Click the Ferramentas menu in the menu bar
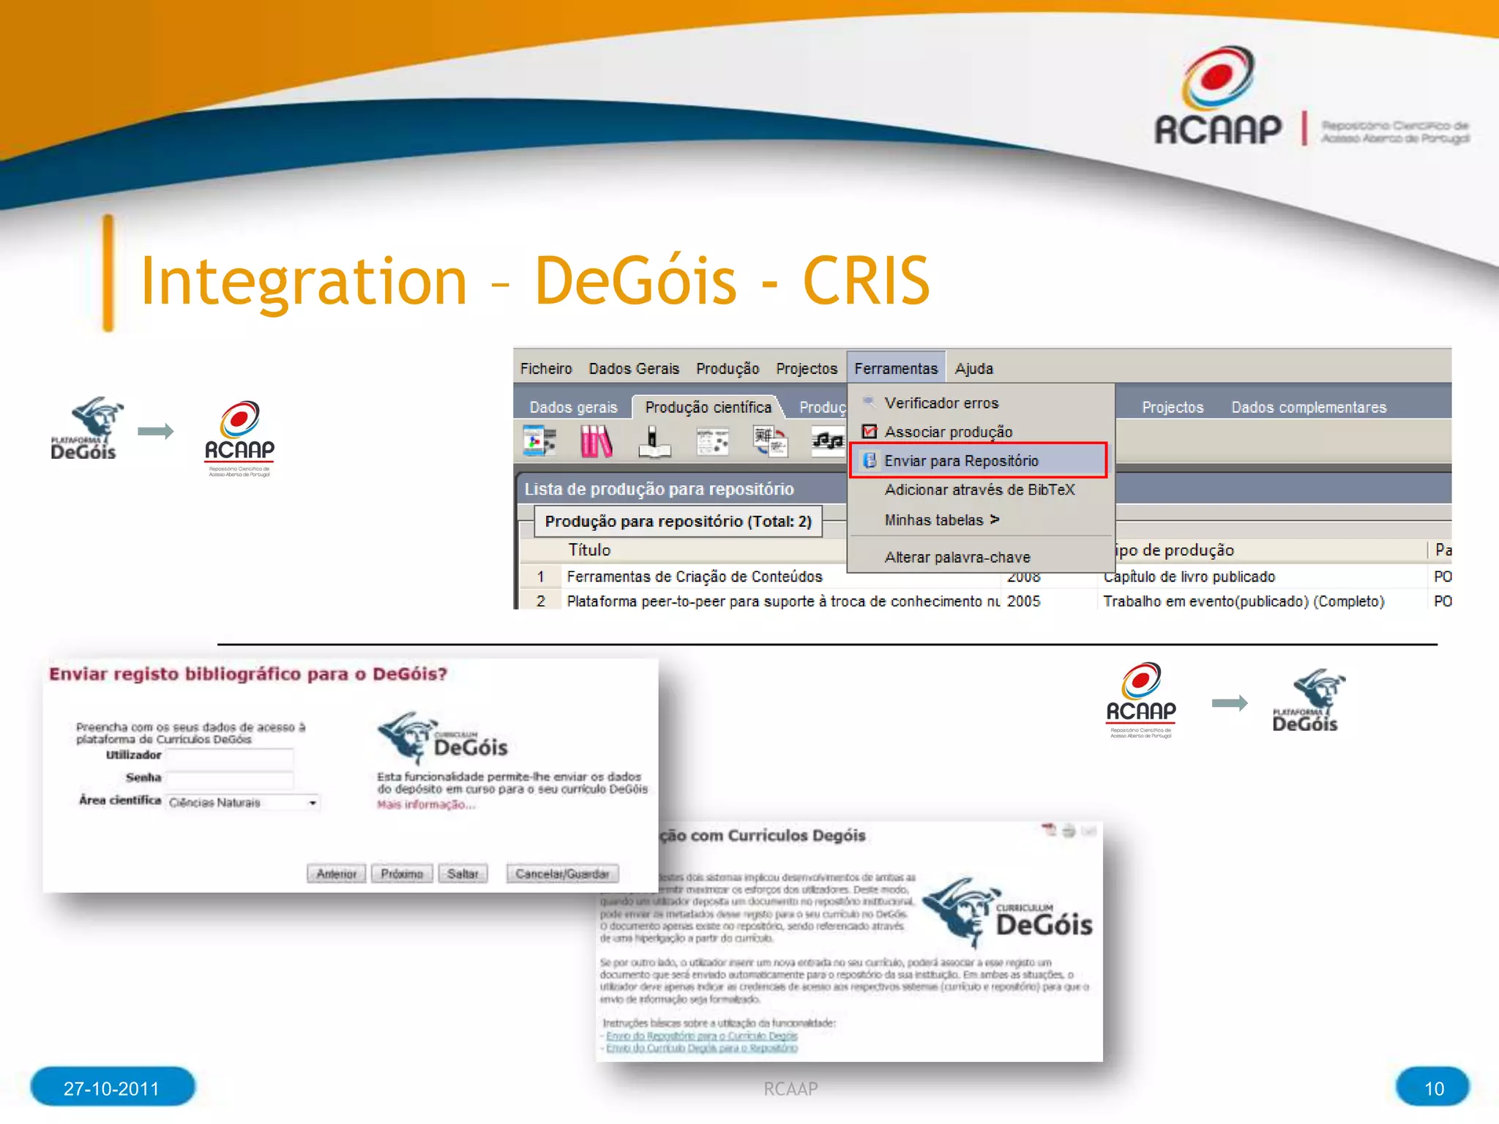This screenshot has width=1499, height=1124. (895, 369)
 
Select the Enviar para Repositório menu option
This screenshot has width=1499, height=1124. (960, 461)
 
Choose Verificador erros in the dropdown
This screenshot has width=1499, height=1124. (941, 403)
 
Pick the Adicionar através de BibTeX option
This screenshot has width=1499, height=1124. (979, 490)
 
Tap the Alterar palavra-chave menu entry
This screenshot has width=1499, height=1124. (957, 558)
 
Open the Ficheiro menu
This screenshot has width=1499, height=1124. (545, 369)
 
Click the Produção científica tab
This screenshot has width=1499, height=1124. (707, 408)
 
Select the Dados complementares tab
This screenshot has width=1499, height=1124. (1308, 408)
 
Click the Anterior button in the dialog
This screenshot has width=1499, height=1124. (336, 874)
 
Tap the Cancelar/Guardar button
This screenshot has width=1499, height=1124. (561, 874)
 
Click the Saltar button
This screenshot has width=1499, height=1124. (463, 874)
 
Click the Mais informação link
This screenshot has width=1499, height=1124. (425, 805)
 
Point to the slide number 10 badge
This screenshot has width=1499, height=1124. (1432, 1088)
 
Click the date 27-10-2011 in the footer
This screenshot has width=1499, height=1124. (111, 1088)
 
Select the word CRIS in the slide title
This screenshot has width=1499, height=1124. (866, 281)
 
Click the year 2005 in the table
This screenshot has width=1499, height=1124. (1023, 602)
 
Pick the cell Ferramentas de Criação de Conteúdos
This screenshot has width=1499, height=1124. (694, 577)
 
